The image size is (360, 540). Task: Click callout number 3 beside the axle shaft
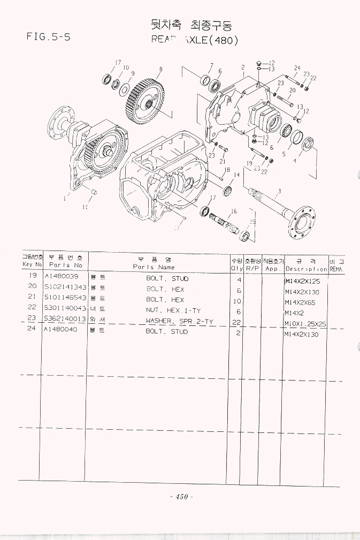click(x=279, y=192)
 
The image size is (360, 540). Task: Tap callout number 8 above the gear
click(x=160, y=69)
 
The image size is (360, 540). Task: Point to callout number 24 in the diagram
click(x=297, y=67)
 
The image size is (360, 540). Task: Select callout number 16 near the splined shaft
click(x=234, y=211)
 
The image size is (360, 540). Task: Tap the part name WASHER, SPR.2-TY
click(x=174, y=321)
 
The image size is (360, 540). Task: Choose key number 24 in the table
click(x=32, y=329)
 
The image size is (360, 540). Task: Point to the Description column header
click(x=306, y=269)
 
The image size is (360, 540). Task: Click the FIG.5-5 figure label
click(x=49, y=37)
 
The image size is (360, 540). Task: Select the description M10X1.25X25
click(x=305, y=324)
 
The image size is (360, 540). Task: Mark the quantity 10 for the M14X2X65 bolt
click(x=239, y=301)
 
